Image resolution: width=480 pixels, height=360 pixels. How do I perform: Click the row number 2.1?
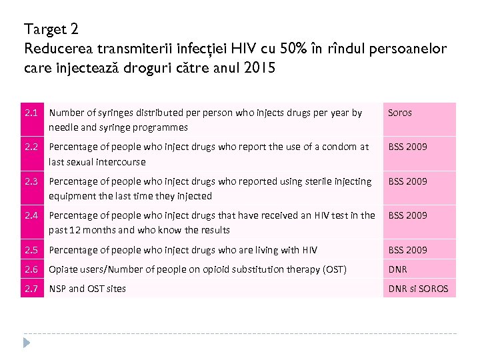coord(31,113)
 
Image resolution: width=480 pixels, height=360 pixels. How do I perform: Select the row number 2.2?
coord(31,147)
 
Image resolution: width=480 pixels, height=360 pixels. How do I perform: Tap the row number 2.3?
coord(31,181)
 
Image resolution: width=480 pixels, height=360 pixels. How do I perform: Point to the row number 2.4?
coord(31,215)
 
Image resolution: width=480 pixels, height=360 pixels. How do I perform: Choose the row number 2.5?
coord(31,250)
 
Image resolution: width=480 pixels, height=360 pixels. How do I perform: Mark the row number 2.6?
coord(31,269)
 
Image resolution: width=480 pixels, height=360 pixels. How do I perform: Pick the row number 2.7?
coord(31,289)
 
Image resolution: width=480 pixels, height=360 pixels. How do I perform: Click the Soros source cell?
coord(400,113)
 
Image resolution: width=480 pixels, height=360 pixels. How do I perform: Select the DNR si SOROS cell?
coord(419,289)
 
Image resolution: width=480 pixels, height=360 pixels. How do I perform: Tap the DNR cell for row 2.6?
coord(398,269)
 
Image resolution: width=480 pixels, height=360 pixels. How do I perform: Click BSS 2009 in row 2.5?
coord(408,250)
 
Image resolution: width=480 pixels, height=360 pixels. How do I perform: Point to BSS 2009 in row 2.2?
coord(408,147)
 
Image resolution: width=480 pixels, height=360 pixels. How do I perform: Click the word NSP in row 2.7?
coord(58,289)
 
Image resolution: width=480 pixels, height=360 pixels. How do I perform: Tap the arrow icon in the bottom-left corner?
coord(27,343)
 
